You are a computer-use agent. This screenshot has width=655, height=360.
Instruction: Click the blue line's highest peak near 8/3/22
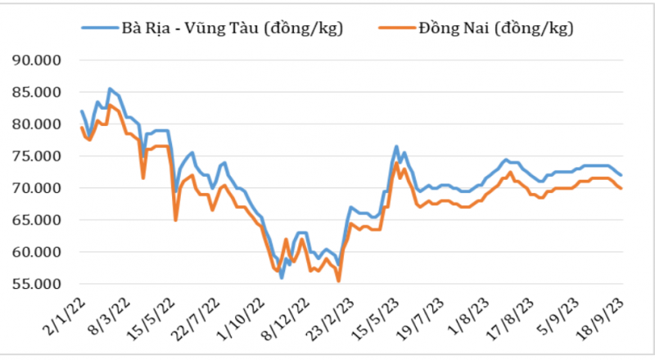pos(110,88)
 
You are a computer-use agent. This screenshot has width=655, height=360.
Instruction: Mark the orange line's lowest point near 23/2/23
pos(338,281)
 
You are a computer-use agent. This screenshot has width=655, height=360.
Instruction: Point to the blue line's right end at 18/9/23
pos(621,175)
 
